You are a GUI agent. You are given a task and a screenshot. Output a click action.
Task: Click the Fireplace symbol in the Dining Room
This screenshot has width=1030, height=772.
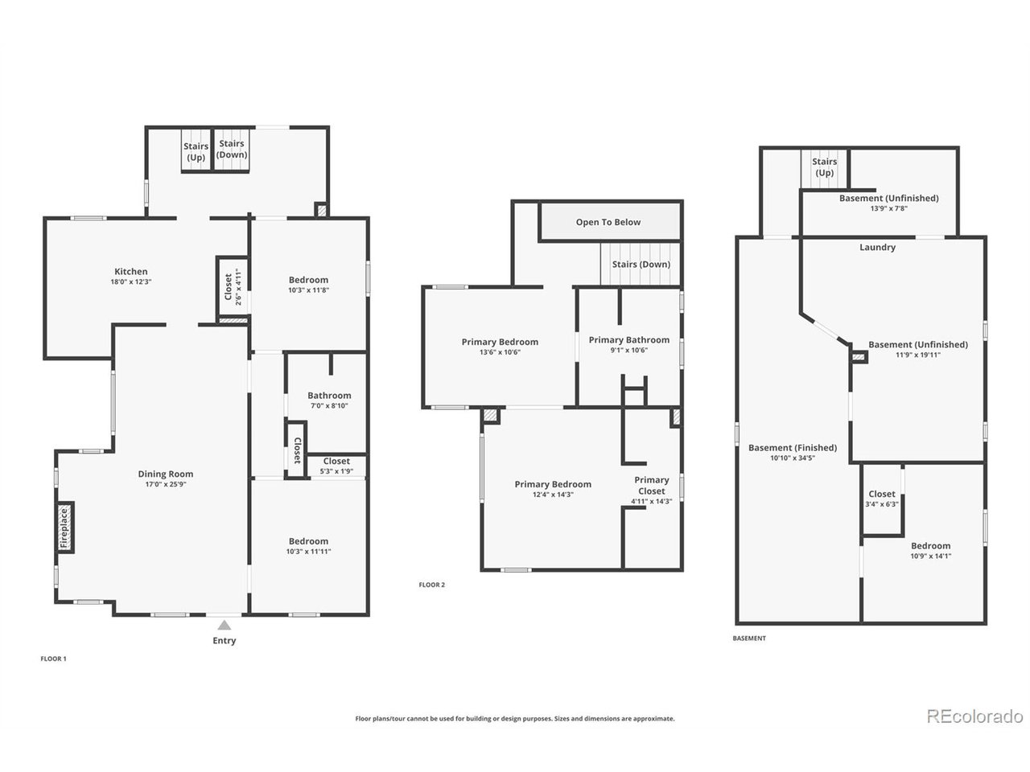click(x=65, y=528)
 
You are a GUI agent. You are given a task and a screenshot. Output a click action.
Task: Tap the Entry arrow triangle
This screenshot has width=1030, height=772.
click(x=225, y=625)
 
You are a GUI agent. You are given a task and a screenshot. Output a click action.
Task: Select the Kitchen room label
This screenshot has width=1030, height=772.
click(x=131, y=271)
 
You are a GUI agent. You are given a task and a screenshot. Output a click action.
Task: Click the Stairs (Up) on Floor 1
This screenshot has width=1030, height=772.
click(x=196, y=149)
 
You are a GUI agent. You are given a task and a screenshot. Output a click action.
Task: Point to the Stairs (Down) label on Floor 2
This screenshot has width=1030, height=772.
click(x=641, y=265)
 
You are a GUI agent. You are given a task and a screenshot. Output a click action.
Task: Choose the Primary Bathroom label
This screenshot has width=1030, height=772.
click(x=628, y=340)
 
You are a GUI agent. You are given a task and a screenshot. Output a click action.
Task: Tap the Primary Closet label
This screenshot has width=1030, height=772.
click(x=651, y=485)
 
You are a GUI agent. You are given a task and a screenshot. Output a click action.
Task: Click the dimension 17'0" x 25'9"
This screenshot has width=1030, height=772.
click(x=166, y=484)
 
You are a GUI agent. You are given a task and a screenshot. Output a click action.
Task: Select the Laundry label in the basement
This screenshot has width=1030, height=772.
click(x=877, y=247)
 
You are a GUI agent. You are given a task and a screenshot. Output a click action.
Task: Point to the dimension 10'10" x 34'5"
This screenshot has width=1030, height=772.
click(x=793, y=458)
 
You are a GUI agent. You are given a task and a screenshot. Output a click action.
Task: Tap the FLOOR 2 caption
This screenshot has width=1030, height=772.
click(x=431, y=585)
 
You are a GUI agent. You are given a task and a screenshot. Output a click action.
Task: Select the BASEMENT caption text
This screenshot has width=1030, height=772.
click(x=749, y=638)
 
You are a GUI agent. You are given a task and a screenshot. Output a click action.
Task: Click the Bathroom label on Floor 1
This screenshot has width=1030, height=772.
click(x=329, y=395)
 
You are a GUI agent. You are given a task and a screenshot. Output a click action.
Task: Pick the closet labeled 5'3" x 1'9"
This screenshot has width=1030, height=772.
click(x=336, y=466)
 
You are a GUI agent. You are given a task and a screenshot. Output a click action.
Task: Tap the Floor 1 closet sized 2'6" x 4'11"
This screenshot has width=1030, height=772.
click(x=233, y=287)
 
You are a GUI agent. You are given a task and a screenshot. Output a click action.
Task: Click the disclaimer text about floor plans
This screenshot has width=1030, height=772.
click(x=515, y=718)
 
